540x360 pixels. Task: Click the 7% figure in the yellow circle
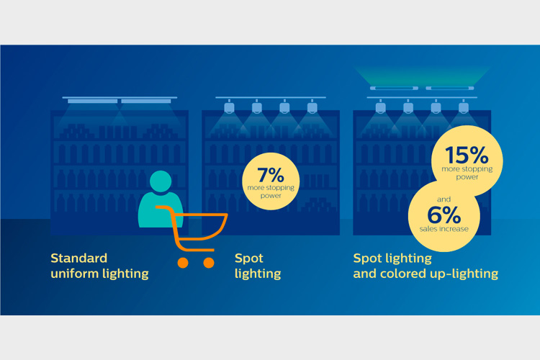pyautogui.click(x=271, y=175)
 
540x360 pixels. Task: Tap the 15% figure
pyautogui.click(x=467, y=156)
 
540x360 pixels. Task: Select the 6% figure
pyautogui.click(x=444, y=215)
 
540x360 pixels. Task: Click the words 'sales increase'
pyautogui.click(x=444, y=229)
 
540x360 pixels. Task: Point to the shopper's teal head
pyautogui.click(x=161, y=181)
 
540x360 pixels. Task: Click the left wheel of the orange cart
pyautogui.click(x=183, y=263)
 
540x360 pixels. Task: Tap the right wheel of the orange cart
pyautogui.click(x=209, y=263)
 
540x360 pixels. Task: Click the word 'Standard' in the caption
pyautogui.click(x=79, y=258)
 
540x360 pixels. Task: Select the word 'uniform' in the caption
pyautogui.click(x=74, y=274)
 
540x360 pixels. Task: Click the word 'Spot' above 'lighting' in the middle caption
pyautogui.click(x=248, y=258)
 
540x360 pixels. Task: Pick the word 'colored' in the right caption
pyautogui.click(x=403, y=274)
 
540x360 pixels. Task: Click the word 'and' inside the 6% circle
pyautogui.click(x=444, y=199)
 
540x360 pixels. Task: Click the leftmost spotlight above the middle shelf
pyautogui.click(x=230, y=106)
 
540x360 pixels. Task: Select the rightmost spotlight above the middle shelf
pyautogui.click(x=312, y=106)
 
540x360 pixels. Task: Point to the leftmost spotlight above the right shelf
pyautogui.click(x=380, y=106)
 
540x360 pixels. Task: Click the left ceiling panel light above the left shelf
pyautogui.click(x=92, y=102)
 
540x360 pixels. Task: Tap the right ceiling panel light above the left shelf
pyautogui.click(x=146, y=102)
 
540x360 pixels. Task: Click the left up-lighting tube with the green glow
pyautogui.click(x=394, y=88)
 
